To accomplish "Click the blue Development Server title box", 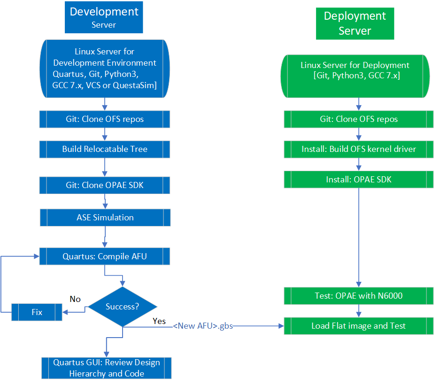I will tap(104, 17).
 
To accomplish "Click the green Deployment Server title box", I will tap(355, 23).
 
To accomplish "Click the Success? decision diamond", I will tap(122, 307).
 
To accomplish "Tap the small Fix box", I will tap(37, 312).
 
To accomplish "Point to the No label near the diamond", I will tap(75, 299).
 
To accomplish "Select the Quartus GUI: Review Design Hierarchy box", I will tap(107, 368).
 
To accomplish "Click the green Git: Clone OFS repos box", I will tap(359, 119).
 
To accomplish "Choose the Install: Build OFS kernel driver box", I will tap(359, 149).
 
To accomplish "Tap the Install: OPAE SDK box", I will tap(359, 179).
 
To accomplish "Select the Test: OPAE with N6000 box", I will tap(359, 296).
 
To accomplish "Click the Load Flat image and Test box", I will tap(359, 326).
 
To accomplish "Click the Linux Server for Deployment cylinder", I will tap(355, 70).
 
